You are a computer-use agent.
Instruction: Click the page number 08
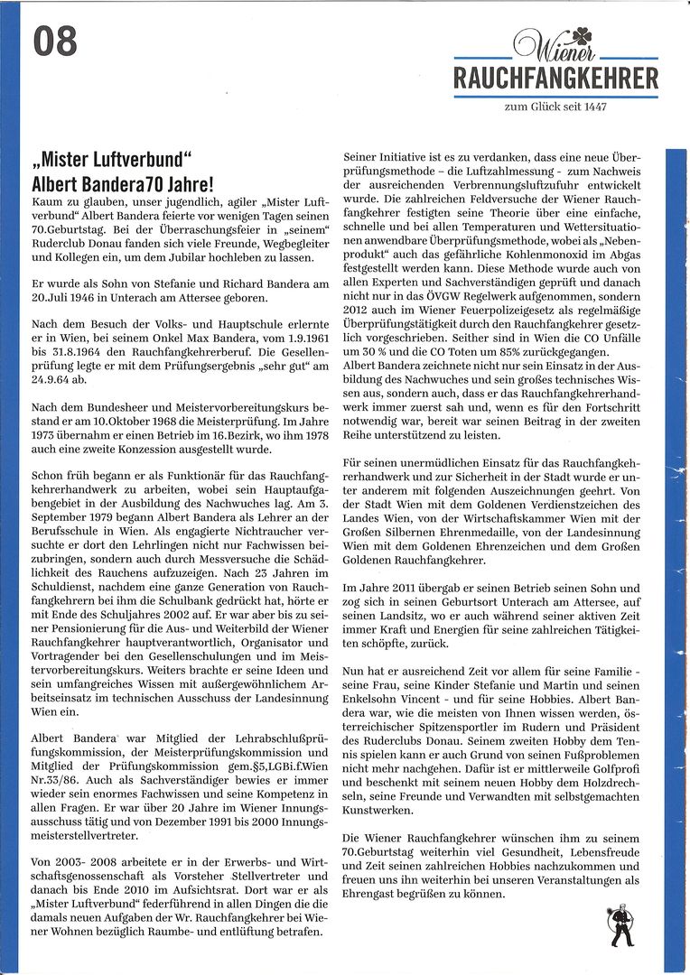[x=56, y=42]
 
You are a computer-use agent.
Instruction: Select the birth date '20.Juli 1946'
[x=68, y=298]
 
